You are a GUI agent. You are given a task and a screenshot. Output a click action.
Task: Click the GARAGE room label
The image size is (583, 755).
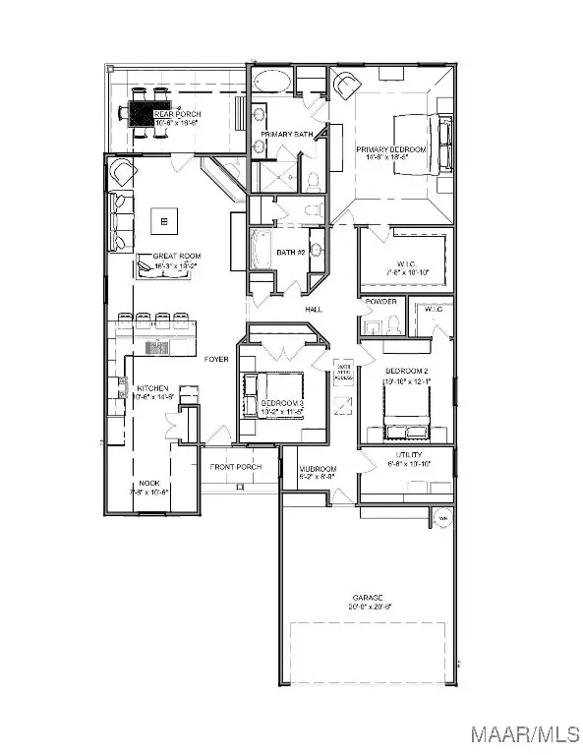click(x=370, y=598)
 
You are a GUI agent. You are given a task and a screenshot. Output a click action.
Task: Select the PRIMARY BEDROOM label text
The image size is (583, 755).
click(x=391, y=149)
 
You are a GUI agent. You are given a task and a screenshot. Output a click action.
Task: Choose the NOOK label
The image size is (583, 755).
click(x=149, y=483)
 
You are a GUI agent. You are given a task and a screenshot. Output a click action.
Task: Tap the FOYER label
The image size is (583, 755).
click(x=216, y=359)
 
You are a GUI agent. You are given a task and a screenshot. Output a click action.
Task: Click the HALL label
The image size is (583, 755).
click(x=313, y=309)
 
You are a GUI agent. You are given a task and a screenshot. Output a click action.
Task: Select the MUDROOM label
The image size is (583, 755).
click(x=319, y=468)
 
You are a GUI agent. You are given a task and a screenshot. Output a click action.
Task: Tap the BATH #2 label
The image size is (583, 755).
click(x=289, y=253)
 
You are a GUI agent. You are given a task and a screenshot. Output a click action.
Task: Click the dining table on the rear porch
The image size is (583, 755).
click(x=150, y=115)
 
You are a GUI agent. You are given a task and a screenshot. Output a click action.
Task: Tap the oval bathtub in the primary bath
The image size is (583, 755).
click(x=271, y=81)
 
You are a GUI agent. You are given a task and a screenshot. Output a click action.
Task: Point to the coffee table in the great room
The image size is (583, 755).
click(x=163, y=221)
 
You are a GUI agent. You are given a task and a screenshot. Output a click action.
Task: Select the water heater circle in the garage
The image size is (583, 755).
click(x=442, y=518)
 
